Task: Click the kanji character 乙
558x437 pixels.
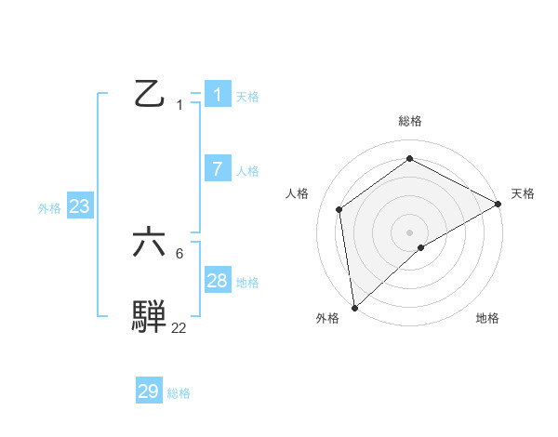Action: click(149, 95)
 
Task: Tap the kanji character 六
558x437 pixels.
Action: click(149, 244)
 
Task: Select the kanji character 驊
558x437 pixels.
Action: click(149, 317)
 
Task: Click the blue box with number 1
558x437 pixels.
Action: click(218, 95)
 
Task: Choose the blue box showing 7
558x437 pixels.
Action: click(218, 168)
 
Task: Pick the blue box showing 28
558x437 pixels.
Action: click(218, 281)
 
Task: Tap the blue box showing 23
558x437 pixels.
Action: click(80, 206)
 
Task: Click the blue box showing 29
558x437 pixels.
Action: click(149, 391)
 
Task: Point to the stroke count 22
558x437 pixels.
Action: click(179, 327)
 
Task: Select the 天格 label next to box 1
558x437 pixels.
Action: click(247, 97)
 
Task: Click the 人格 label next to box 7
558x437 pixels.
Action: click(247, 171)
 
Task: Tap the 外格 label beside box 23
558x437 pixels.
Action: click(49, 208)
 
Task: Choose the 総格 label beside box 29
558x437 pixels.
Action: click(179, 393)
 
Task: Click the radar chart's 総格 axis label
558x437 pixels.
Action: click(409, 121)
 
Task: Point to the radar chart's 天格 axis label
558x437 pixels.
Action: click(523, 193)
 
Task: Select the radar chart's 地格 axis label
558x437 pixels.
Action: click(487, 318)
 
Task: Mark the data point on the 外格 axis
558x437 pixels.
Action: click(354, 307)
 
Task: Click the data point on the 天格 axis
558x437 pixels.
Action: click(498, 204)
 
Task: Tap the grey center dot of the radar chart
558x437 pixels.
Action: click(409, 232)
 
